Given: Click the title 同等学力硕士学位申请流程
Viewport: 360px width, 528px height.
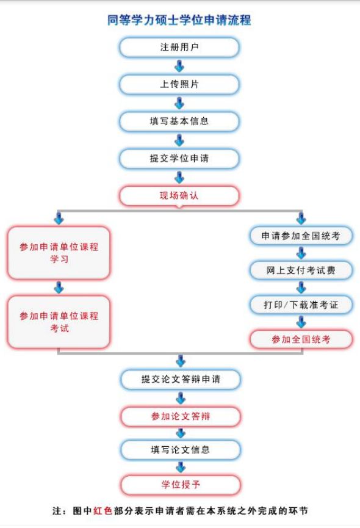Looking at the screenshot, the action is [x=179, y=20].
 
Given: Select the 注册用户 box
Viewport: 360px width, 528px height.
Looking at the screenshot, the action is [x=179, y=47].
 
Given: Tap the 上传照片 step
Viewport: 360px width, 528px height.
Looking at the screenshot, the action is [x=179, y=84].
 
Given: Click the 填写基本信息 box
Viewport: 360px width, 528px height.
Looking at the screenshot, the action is [x=179, y=121].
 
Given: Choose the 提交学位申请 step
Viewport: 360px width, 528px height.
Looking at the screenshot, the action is [x=179, y=158].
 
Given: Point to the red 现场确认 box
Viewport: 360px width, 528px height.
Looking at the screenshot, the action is [x=179, y=196].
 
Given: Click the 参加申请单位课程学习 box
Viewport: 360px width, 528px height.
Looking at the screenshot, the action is [x=59, y=253].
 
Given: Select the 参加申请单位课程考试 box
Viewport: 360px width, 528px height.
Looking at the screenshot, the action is [x=59, y=322].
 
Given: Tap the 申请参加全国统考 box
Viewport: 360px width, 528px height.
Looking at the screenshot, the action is [x=301, y=236].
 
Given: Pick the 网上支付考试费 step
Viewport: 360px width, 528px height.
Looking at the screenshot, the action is [x=301, y=270].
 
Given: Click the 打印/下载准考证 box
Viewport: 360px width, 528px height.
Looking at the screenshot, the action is [x=301, y=305].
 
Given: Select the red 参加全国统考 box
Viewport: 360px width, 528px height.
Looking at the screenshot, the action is [x=301, y=339].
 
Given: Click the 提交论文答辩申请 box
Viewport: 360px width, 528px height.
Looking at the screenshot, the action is [x=181, y=380].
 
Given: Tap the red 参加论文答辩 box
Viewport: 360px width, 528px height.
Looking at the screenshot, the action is [x=181, y=416].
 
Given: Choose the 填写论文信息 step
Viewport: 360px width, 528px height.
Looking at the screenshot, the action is [x=181, y=450].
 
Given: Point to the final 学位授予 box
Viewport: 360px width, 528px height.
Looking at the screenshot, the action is [x=181, y=485].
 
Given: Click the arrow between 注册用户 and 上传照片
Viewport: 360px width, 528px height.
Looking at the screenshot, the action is [x=179, y=66].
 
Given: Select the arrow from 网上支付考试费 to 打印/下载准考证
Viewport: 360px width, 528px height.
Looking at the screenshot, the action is [x=301, y=288].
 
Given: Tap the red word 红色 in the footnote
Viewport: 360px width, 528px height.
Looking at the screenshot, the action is [x=103, y=511].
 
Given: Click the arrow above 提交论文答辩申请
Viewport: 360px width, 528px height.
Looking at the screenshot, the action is [x=181, y=361].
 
